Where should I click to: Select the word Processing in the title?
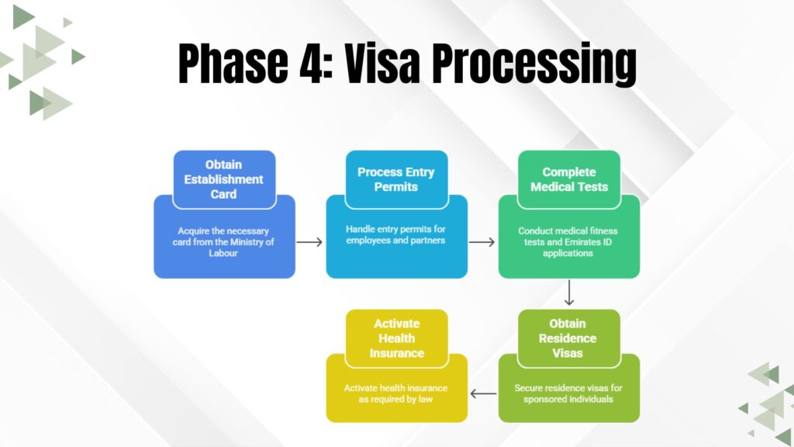pyautogui.click(x=535, y=65)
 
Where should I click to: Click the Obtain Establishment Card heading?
pyautogui.click(x=224, y=179)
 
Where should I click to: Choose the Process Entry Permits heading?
pyautogui.click(x=396, y=179)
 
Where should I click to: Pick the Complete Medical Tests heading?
pyautogui.click(x=569, y=179)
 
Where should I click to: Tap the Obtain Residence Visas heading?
pyautogui.click(x=569, y=338)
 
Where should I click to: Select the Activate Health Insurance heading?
pyautogui.click(x=396, y=338)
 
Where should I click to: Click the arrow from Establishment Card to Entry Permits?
pyautogui.click(x=310, y=242)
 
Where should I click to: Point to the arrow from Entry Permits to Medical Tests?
pyautogui.click(x=482, y=242)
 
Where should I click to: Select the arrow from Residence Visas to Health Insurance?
pyautogui.click(x=483, y=393)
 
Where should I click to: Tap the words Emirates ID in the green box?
pyautogui.click(x=591, y=241)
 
